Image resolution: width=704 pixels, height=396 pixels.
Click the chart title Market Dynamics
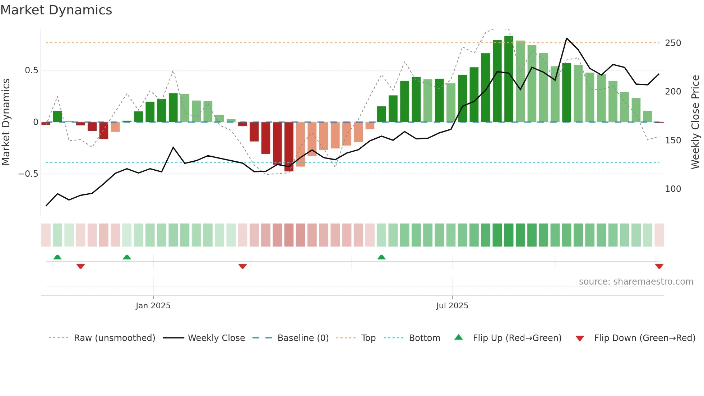tap(56, 10)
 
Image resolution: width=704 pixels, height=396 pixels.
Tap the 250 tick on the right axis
tap(673, 43)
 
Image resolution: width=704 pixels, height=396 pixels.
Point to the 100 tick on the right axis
tap(673, 189)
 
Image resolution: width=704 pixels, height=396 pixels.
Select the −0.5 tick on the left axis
tap(28, 174)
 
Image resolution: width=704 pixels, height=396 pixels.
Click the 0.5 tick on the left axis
tap(31, 70)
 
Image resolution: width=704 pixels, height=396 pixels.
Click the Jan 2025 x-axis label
tap(153, 306)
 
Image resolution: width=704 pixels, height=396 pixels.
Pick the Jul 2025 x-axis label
tap(452, 306)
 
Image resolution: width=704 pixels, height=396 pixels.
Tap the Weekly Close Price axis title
tap(695, 122)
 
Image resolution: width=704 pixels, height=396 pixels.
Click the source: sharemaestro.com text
tap(636, 282)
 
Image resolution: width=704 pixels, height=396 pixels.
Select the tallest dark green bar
tap(509, 79)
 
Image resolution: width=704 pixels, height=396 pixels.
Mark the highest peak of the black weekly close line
tap(566, 38)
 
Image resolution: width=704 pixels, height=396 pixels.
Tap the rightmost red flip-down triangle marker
tap(659, 266)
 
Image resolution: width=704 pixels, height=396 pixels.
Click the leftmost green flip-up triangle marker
tap(57, 257)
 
